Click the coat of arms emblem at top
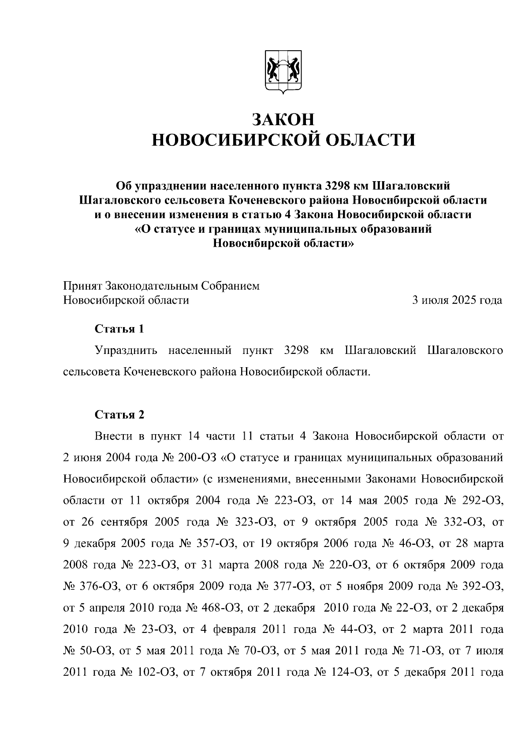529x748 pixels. (x=283, y=71)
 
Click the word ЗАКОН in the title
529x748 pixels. (x=283, y=119)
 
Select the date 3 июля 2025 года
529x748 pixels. (x=457, y=300)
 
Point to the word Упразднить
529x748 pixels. (x=126, y=350)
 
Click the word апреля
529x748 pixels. (x=106, y=609)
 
